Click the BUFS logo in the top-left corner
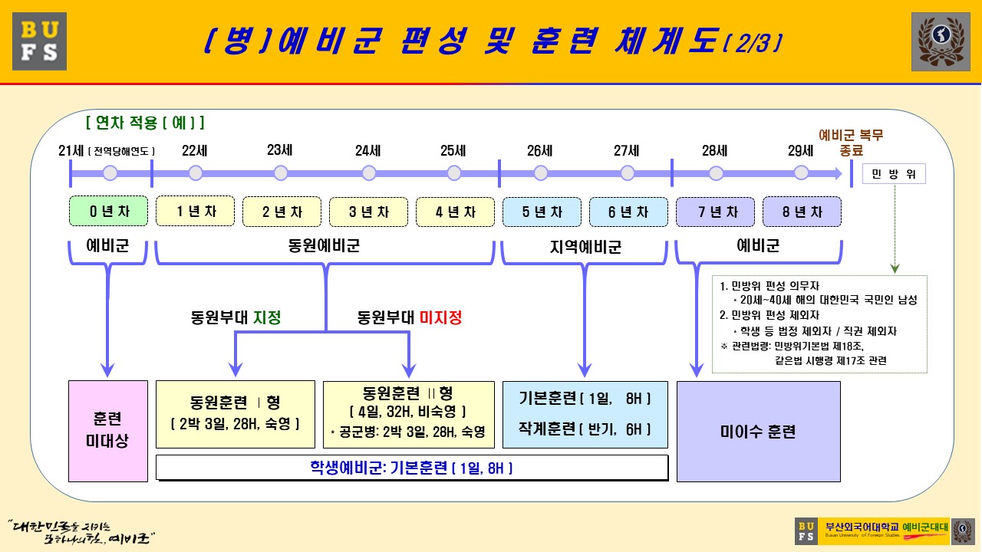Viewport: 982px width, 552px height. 39,41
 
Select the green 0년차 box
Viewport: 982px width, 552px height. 108,212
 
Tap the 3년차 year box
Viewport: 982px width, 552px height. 369,212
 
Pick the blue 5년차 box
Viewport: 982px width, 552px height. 542,212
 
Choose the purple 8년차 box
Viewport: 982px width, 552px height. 802,212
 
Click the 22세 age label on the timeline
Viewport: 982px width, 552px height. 196,150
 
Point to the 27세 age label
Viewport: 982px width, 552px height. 627,150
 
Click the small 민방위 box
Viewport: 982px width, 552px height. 895,174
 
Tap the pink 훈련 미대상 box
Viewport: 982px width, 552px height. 108,431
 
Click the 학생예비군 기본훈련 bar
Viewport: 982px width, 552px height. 411,468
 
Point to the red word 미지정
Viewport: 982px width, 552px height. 441,317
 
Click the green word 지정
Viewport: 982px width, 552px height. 267,317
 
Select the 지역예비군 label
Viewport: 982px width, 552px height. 585,247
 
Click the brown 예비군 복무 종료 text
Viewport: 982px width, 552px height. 852,143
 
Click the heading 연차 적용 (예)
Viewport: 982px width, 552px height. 145,123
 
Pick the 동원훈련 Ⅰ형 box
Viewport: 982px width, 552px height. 235,413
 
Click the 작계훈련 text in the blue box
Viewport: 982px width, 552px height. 548,429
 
